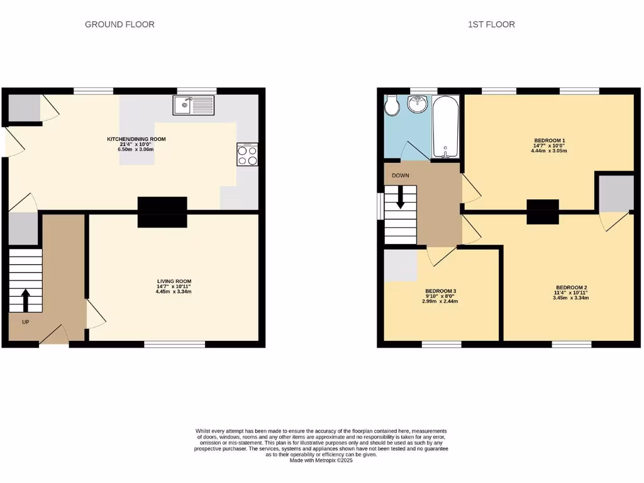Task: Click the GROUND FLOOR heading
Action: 119,25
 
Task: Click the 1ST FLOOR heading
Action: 491,25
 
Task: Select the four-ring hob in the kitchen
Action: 247,155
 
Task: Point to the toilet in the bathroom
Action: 391,106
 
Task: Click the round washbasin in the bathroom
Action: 417,104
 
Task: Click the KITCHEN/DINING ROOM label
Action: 136,139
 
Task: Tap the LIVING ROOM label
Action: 174,281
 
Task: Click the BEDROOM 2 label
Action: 571,287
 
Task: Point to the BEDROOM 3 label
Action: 440,291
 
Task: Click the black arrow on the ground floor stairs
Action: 25,300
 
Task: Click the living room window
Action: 175,344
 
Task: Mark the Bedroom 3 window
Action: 441,344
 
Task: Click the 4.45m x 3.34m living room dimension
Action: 174,292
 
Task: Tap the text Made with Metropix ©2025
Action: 321,460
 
